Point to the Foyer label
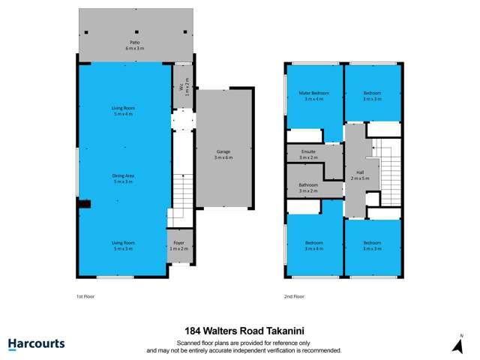click(178, 244)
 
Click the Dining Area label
click(123, 178)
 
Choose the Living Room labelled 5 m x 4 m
click(123, 111)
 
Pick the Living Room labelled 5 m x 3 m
click(123, 245)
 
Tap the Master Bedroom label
click(313, 96)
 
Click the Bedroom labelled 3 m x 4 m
click(313, 245)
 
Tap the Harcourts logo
click(36, 344)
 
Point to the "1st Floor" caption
click(85, 296)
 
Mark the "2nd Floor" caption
click(294, 296)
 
